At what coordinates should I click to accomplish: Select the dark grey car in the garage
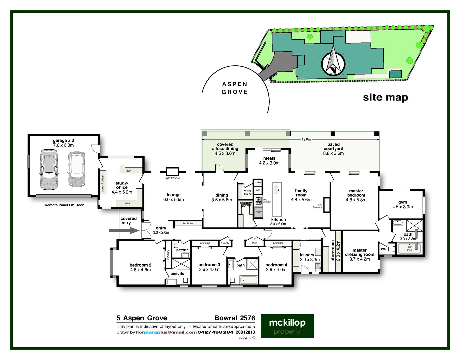(x=49, y=169)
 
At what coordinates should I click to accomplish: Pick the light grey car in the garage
(x=76, y=169)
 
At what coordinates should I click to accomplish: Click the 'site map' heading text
(x=385, y=97)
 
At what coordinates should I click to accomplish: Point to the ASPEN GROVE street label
(x=235, y=88)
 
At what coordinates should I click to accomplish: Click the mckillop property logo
(x=287, y=326)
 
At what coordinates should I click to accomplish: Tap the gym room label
(x=402, y=204)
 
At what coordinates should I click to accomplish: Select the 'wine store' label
(x=247, y=192)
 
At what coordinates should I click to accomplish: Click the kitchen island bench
(x=277, y=199)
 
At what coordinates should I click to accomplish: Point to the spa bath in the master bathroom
(x=409, y=248)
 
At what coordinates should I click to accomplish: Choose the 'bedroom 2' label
(x=140, y=267)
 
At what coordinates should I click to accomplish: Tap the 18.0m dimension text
(x=306, y=139)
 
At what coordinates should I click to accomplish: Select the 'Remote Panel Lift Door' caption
(x=64, y=205)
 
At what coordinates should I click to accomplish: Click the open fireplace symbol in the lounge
(x=172, y=172)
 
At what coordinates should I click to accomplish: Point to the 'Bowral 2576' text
(x=235, y=318)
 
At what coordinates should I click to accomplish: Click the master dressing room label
(x=359, y=254)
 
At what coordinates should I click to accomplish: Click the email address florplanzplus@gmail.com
(x=166, y=332)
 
